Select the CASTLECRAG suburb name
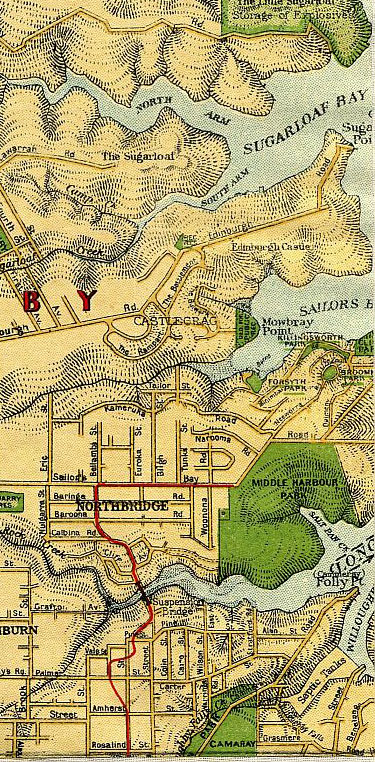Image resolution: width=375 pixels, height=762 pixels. point(162,321)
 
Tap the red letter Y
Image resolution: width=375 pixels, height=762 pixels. point(88,300)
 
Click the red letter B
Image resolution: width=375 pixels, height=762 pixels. point(32,300)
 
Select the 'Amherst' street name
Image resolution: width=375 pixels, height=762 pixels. point(107,706)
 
